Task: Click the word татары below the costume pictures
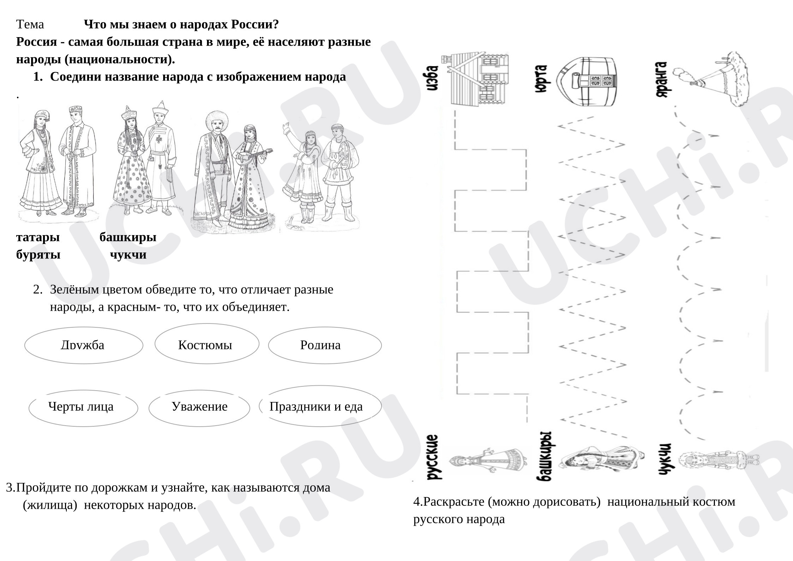pyautogui.click(x=38, y=237)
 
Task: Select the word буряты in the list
pyautogui.click(x=38, y=255)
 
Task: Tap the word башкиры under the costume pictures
pyautogui.click(x=128, y=237)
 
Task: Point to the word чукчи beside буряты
pyautogui.click(x=128, y=255)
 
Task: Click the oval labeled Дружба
pyautogui.click(x=84, y=345)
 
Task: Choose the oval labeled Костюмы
pyautogui.click(x=207, y=344)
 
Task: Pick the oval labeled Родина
pyautogui.click(x=325, y=345)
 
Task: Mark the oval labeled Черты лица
pyautogui.click(x=83, y=408)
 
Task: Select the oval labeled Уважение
pyautogui.click(x=199, y=408)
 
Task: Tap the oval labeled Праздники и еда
pyautogui.click(x=320, y=406)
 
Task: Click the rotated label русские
pyautogui.click(x=433, y=457)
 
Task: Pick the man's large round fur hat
pyautogui.click(x=216, y=121)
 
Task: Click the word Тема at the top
pyautogui.click(x=30, y=24)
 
